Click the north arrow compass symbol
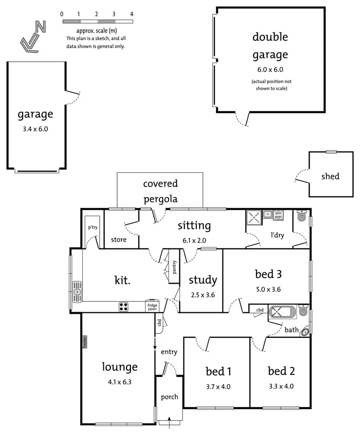pyautogui.click(x=33, y=38)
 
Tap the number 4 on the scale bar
pyautogui.click(x=131, y=14)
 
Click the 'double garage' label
pyautogui.click(x=270, y=46)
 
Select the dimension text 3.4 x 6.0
pyautogui.click(x=35, y=129)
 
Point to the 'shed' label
pyautogui.click(x=330, y=177)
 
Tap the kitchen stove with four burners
pyautogui.click(x=124, y=307)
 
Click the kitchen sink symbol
pyautogui.click(x=78, y=292)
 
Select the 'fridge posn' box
pyautogui.click(x=152, y=307)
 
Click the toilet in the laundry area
pyautogui.click(x=301, y=216)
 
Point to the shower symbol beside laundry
pyautogui.click(x=253, y=217)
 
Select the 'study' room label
pyautogui.click(x=202, y=279)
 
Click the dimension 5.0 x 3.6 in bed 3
pyautogui.click(x=268, y=289)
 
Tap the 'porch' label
pyautogui.click(x=169, y=397)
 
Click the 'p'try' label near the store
pyautogui.click(x=92, y=227)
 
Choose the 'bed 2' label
pyautogui.click(x=281, y=371)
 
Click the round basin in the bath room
pyautogui.click(x=305, y=332)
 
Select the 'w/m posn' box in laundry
pyautogui.click(x=279, y=214)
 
